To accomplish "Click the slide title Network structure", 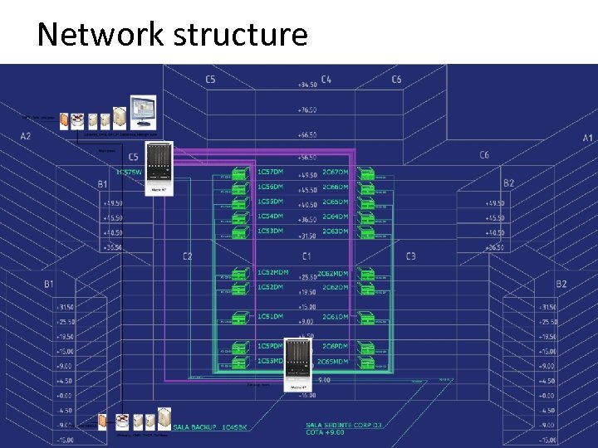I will pos(172,35).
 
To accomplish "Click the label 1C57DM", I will pos(270,172).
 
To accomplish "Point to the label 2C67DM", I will pos(336,172).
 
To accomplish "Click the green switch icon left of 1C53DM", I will pos(240,233).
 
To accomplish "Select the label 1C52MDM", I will pos(273,273).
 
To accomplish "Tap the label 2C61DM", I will pos(336,317).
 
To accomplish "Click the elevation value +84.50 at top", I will pos(306,85).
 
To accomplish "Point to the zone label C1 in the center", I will pos(306,256).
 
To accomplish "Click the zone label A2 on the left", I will pos(26,136).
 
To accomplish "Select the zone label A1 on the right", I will pos(587,138).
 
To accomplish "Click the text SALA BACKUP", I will pos(196,428).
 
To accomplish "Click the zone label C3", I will pos(411,256).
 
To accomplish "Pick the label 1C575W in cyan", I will pos(130,172).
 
